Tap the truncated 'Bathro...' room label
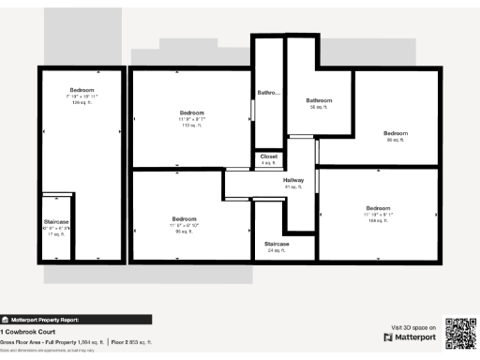(x=268, y=92)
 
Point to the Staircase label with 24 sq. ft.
(x=276, y=247)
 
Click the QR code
(x=459, y=332)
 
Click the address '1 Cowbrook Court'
(x=29, y=332)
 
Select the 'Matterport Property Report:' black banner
(x=75, y=319)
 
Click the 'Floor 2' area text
(x=131, y=342)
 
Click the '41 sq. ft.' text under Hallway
(x=293, y=187)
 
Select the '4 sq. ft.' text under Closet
(x=269, y=163)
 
